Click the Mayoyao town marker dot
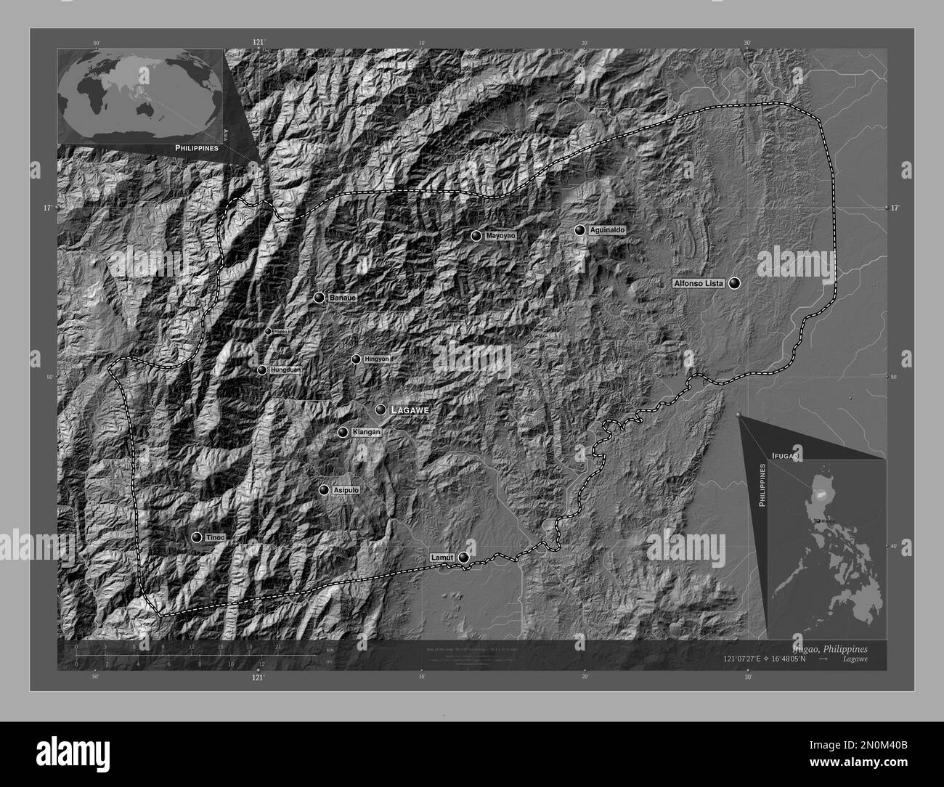(476, 235)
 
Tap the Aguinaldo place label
(607, 230)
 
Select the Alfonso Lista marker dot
(735, 283)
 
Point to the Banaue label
(343, 298)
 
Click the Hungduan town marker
(261, 370)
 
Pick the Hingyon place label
(377, 359)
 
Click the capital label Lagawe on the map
(410, 410)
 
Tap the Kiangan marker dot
(342, 432)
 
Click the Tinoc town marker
(196, 537)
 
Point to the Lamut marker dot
(463, 558)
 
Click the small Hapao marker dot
(267, 331)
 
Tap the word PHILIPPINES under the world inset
(196, 147)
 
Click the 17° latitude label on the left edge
(46, 208)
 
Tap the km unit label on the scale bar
(330, 649)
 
